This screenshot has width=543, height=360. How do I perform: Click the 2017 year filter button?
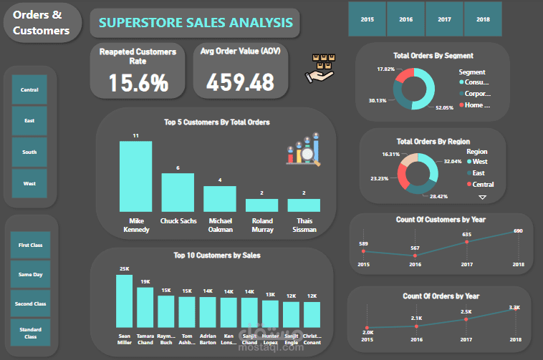click(444, 19)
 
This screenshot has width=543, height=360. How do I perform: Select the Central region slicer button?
click(29, 90)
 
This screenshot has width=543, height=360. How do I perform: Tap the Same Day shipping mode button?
click(29, 274)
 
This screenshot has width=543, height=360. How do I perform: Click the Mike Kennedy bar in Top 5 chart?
click(135, 176)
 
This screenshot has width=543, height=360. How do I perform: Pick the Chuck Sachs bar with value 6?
click(178, 192)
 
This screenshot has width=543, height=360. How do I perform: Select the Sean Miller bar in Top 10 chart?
click(125, 301)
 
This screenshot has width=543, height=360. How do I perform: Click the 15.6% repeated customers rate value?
click(138, 83)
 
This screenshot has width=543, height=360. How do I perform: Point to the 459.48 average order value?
click(240, 83)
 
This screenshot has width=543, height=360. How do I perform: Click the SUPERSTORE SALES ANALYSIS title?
click(196, 23)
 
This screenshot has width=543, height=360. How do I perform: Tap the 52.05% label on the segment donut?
click(444, 107)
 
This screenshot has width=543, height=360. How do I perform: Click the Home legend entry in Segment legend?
click(476, 105)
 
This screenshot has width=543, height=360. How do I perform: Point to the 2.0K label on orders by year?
click(368, 332)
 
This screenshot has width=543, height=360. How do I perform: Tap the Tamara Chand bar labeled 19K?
click(145, 306)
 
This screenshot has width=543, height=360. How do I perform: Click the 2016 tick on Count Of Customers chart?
click(415, 264)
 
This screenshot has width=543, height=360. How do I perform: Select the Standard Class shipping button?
click(29, 333)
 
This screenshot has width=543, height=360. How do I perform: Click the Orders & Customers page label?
click(41, 23)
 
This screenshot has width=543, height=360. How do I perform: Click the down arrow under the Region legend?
click(482, 197)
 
